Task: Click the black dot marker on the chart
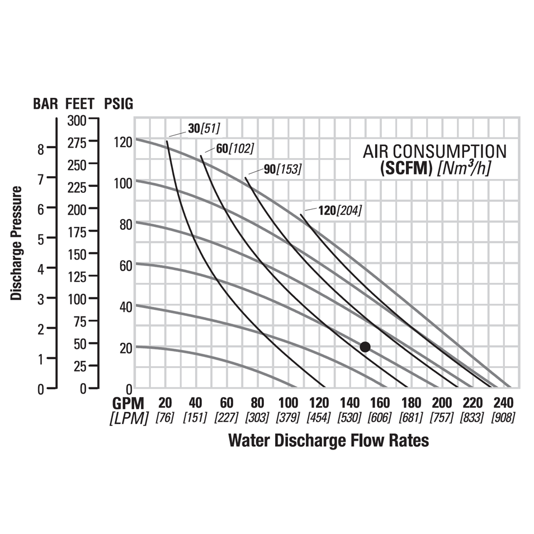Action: pyautogui.click(x=365, y=347)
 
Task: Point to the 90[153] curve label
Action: pyautogui.click(x=282, y=169)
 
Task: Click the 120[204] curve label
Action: pyautogui.click(x=340, y=210)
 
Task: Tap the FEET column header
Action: pyautogui.click(x=81, y=103)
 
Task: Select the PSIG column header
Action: pyautogui.click(x=119, y=103)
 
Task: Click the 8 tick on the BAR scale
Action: pyautogui.click(x=40, y=149)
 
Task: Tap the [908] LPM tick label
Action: pyautogui.click(x=503, y=418)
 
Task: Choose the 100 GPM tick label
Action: pyautogui.click(x=289, y=403)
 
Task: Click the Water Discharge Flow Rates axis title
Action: pyautogui.click(x=328, y=440)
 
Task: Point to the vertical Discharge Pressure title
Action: pyautogui.click(x=17, y=243)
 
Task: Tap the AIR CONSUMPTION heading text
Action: pyautogui.click(x=434, y=151)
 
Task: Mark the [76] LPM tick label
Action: pyautogui.click(x=165, y=418)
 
